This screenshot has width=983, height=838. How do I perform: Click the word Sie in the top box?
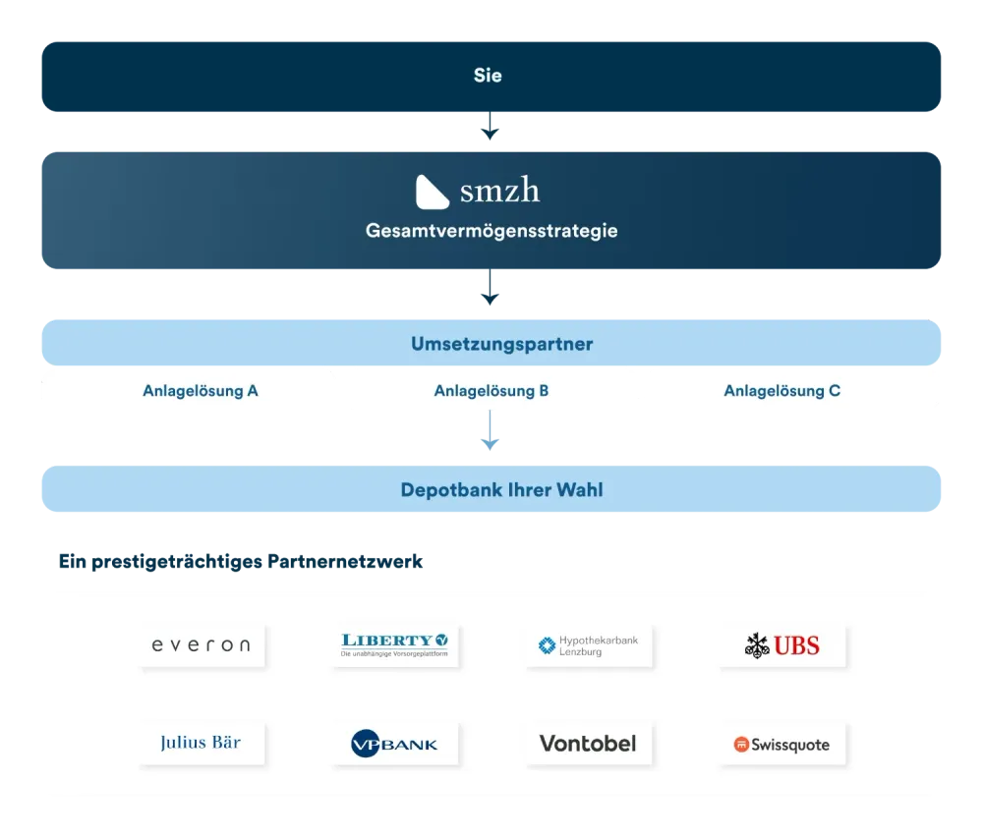pyautogui.click(x=488, y=76)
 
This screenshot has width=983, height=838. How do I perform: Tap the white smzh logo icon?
pyautogui.click(x=433, y=192)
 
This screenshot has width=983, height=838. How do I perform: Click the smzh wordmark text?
pyautogui.click(x=499, y=191)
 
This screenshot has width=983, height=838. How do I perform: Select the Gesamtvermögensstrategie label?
pyautogui.click(x=491, y=232)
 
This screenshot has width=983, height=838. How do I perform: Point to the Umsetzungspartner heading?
pyautogui.click(x=501, y=345)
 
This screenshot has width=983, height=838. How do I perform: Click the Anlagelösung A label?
pyautogui.click(x=200, y=391)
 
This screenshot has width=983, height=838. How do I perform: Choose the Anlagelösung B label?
pyautogui.click(x=491, y=391)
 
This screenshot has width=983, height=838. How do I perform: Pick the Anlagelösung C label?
pyautogui.click(x=781, y=391)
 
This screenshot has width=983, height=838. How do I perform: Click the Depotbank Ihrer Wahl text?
pyautogui.click(x=501, y=489)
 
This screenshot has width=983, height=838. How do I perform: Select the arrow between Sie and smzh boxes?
pyautogui.click(x=491, y=131)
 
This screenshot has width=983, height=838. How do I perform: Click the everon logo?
pyautogui.click(x=202, y=645)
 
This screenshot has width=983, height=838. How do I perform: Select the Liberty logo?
pyautogui.click(x=394, y=645)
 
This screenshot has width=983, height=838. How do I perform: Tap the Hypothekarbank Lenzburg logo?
pyautogui.click(x=588, y=645)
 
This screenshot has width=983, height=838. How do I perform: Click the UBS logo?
pyautogui.click(x=782, y=645)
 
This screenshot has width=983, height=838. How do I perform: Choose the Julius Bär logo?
pyautogui.click(x=201, y=743)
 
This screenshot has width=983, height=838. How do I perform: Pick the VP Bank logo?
pyautogui.click(x=394, y=744)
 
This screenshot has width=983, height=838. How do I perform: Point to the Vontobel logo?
pyautogui.click(x=588, y=743)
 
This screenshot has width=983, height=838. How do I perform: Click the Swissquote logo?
pyautogui.click(x=782, y=745)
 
